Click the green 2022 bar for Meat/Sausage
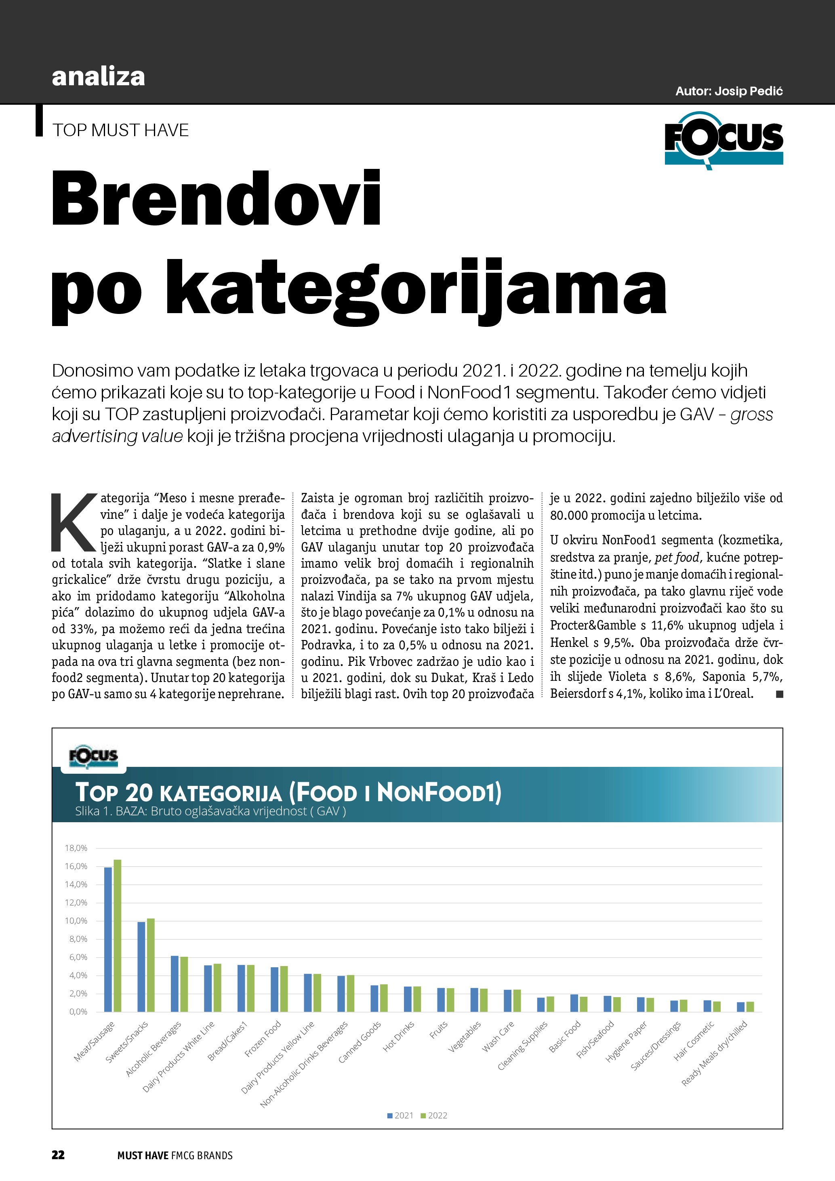click(x=117, y=936)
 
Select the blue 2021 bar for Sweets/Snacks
click(x=141, y=967)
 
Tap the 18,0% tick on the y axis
click(x=76, y=848)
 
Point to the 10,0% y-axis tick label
click(x=76, y=921)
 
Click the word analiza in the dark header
click(x=98, y=77)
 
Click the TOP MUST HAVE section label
click(x=120, y=131)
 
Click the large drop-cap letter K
click(x=74, y=522)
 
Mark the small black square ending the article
click(x=780, y=695)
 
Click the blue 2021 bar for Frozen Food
click(x=275, y=989)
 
